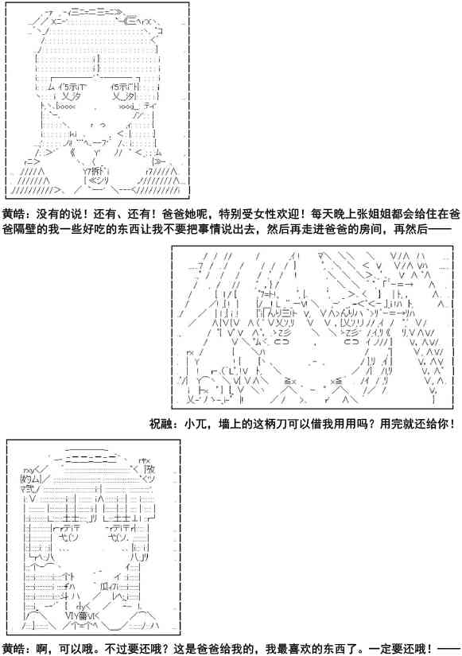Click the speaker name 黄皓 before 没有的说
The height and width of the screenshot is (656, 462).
point(13,214)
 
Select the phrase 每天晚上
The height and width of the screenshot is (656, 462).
point(325,214)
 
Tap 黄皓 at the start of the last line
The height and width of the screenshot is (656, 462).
point(13,648)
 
